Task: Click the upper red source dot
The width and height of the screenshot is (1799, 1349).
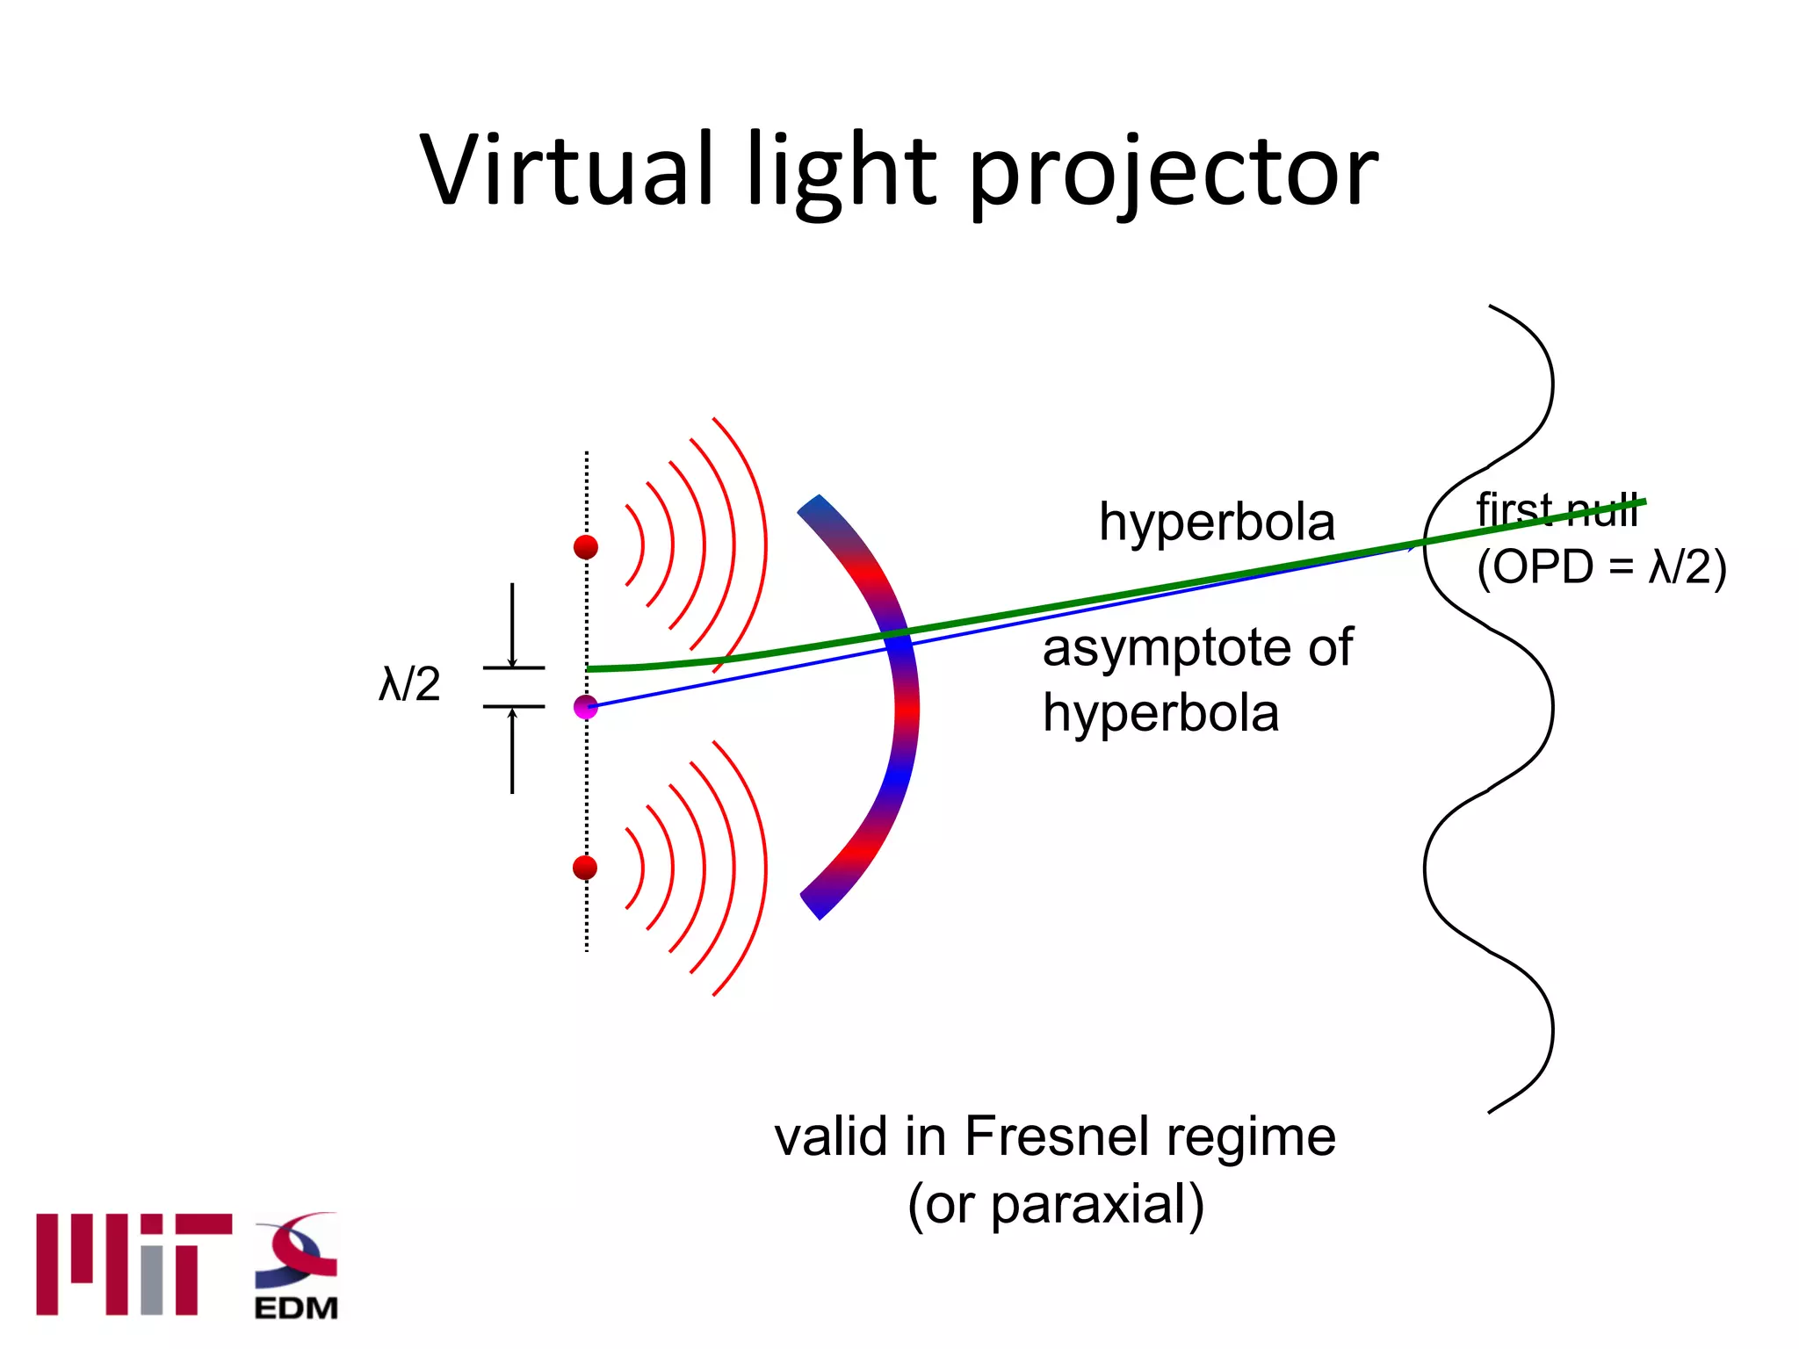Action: pos(586,547)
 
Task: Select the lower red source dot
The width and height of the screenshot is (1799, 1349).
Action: pos(585,868)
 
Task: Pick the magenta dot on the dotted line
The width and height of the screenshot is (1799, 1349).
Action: pos(586,706)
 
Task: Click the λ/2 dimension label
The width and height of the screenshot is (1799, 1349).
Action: pos(409,684)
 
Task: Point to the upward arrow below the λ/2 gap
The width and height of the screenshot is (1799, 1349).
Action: pos(512,751)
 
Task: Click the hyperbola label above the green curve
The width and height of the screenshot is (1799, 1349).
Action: pos(1217,522)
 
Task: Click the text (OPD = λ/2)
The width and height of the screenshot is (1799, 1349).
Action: pos(1600,566)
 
